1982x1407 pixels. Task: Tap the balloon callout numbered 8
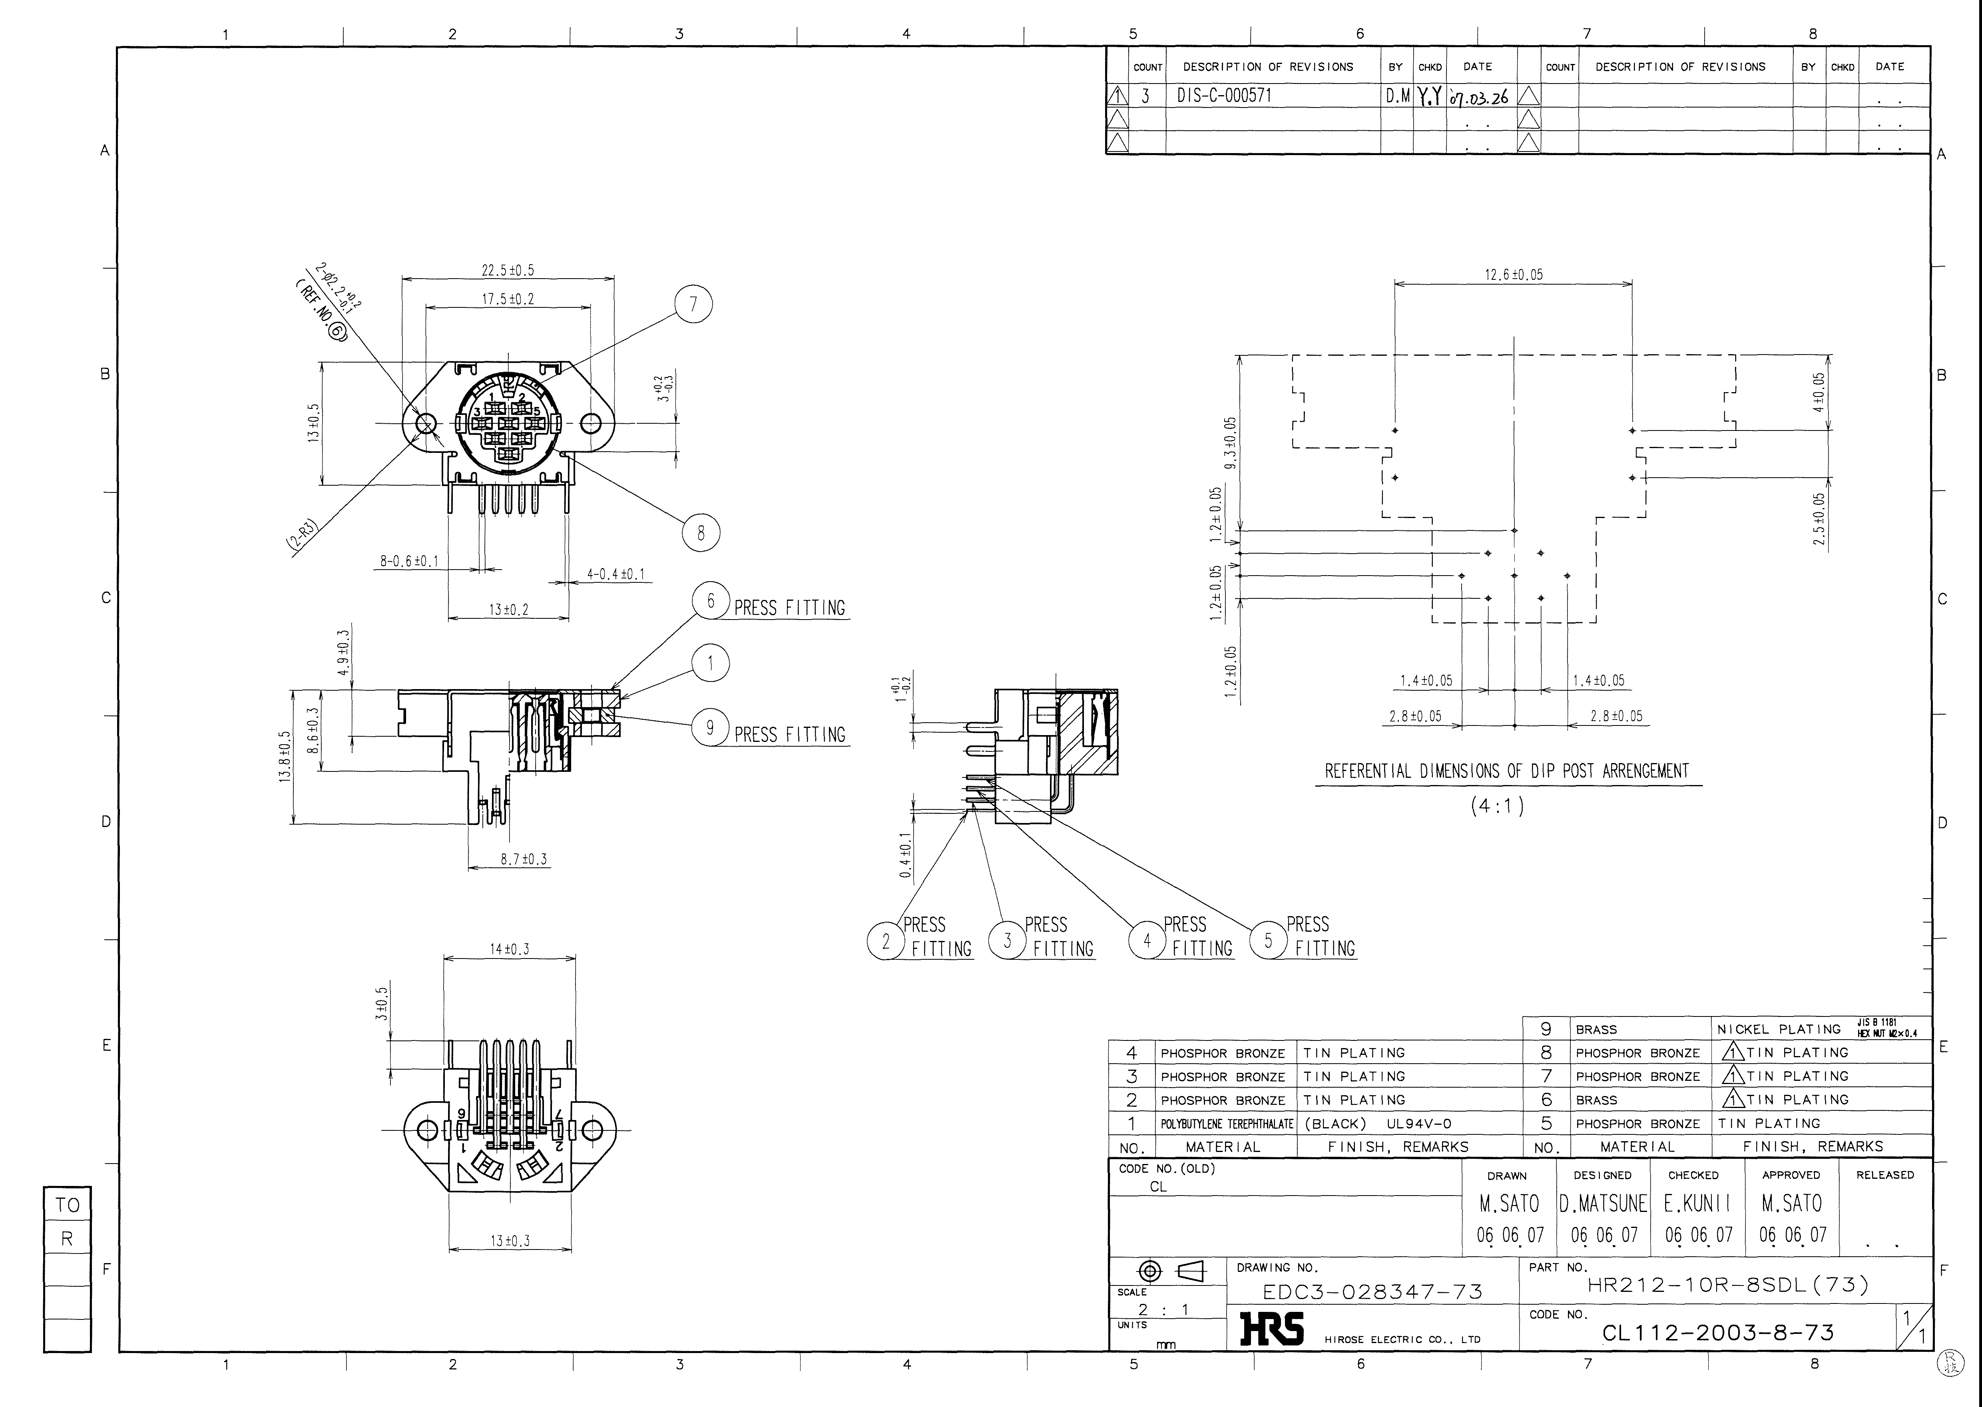pos(701,533)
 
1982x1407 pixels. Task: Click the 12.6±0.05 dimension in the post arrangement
pos(1513,275)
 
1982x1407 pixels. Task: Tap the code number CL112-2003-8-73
pos(1718,1333)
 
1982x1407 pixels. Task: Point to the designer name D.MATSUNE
pos(1604,1204)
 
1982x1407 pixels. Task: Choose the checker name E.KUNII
pos(1697,1204)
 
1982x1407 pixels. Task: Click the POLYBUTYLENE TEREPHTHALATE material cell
pos(1227,1124)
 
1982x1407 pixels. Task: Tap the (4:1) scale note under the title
pos(1497,806)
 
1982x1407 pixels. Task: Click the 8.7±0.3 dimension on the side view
pos(523,859)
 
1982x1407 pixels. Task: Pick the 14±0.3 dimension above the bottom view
pos(509,950)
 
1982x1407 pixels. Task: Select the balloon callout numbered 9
pos(710,728)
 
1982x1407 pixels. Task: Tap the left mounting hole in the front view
pos(426,424)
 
